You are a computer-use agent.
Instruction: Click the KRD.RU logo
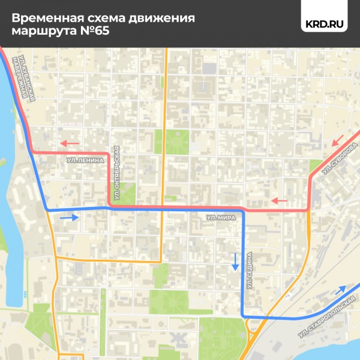tap(325, 25)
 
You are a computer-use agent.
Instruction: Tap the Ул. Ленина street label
tap(85, 161)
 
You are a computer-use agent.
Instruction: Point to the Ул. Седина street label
tap(250, 269)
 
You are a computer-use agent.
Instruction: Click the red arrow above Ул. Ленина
tap(68, 143)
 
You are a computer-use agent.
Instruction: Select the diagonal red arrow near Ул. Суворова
tap(337, 142)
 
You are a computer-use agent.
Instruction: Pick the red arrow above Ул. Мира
tap(278, 200)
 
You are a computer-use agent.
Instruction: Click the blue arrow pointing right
tap(69, 217)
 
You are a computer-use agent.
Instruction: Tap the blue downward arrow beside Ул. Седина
tap(235, 261)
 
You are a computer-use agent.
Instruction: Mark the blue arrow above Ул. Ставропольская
tap(340, 291)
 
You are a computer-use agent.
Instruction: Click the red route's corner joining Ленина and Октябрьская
tap(109, 154)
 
